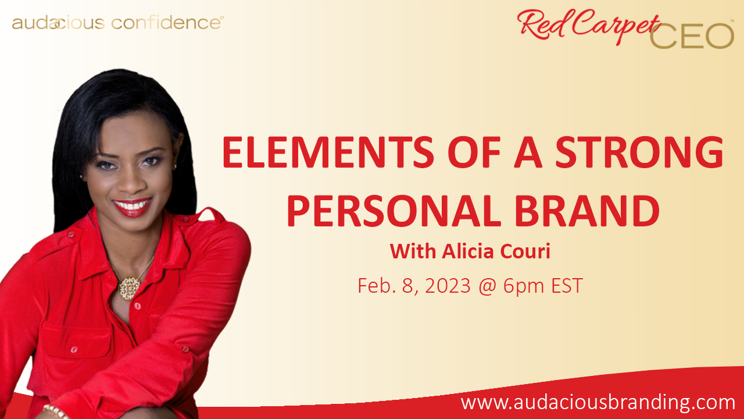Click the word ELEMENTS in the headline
[x=328, y=152]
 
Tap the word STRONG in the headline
[x=639, y=152]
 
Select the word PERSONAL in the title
[x=394, y=211]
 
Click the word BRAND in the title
[x=587, y=211]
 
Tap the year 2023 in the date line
[x=448, y=286]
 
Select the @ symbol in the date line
[x=488, y=286]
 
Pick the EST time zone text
[x=567, y=286]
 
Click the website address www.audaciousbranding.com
[x=598, y=403]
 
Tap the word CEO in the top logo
[x=692, y=36]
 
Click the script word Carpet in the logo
[x=617, y=25]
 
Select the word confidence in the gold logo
[x=166, y=23]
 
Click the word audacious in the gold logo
[x=59, y=23]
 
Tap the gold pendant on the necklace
[x=129, y=288]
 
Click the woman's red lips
[x=132, y=207]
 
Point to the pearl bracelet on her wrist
[x=55, y=411]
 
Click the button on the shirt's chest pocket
[x=74, y=349]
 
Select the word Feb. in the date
[x=377, y=286]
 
